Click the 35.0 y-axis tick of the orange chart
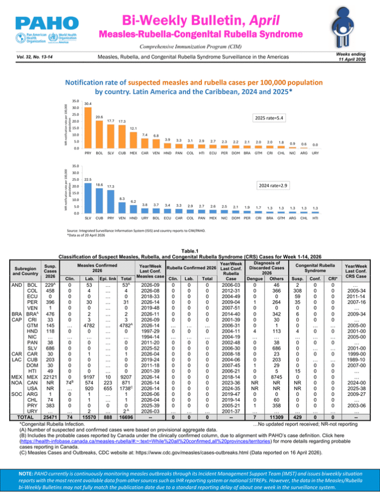[x=76, y=101]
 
